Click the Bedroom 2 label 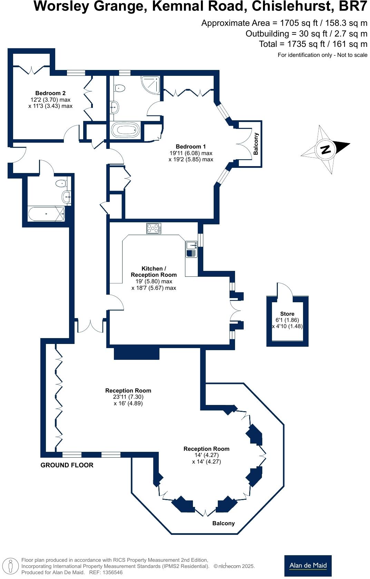[50, 93]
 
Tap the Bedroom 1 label [191, 146]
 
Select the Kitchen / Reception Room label [154, 272]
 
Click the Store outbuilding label [287, 314]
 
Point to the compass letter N [325, 150]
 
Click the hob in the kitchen [154, 228]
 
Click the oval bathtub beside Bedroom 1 [125, 131]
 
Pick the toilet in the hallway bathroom [61, 183]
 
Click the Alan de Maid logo [308, 565]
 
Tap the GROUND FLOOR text [67, 465]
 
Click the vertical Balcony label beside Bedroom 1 [256, 144]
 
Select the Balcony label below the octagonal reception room [223, 523]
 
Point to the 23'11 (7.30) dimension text [128, 397]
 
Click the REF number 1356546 [110, 572]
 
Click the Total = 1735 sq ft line [313, 44]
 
